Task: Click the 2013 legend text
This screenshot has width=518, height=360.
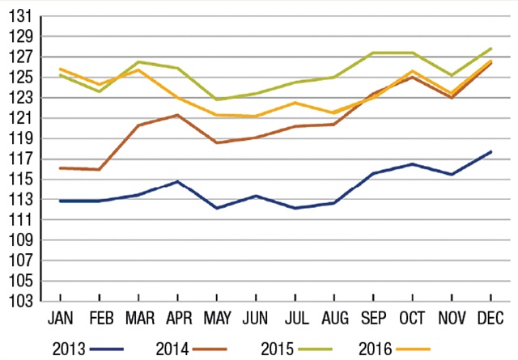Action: tap(69, 349)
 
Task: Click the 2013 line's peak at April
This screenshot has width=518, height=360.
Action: tap(177, 181)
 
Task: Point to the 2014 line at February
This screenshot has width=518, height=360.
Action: tap(99, 170)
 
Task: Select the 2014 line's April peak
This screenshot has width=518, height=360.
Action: tap(177, 115)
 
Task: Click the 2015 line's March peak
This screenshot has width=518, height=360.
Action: tap(138, 62)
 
